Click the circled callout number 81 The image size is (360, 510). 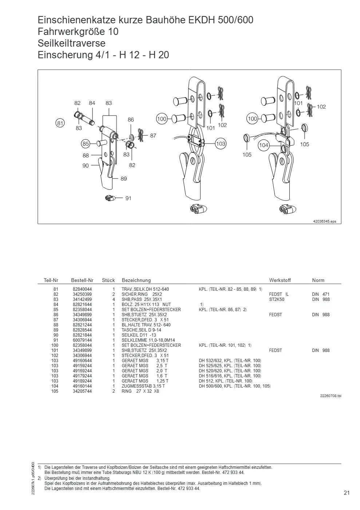[60, 123]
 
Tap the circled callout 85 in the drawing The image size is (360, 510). [86, 144]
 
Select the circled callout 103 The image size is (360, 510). [221, 144]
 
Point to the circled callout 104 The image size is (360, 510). [264, 145]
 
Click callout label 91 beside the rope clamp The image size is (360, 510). [128, 198]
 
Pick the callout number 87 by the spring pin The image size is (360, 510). [153, 136]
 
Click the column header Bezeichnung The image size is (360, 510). [136, 280]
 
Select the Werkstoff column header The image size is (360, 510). [280, 280]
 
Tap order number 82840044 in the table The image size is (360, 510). [82, 289]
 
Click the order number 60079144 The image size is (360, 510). [82, 340]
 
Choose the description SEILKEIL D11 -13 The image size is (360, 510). [139, 335]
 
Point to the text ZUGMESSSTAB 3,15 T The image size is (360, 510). [143, 386]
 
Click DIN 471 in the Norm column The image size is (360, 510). [321, 294]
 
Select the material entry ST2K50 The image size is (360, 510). [277, 299]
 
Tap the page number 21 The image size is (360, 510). [347, 493]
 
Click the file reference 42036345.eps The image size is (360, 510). [324, 221]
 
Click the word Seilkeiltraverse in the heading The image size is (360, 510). [71, 43]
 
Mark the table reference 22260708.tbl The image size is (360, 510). [331, 396]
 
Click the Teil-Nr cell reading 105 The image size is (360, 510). [55, 391]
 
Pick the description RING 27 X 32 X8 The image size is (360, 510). [140, 391]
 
